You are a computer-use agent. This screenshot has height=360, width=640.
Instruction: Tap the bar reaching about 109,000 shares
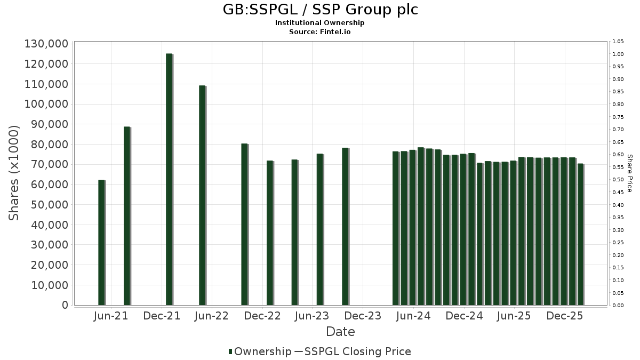point(202,195)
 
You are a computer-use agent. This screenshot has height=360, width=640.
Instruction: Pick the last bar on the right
point(580,235)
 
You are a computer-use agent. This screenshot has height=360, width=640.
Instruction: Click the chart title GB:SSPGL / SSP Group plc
point(320,10)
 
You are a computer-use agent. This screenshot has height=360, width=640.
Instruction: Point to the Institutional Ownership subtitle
point(320,23)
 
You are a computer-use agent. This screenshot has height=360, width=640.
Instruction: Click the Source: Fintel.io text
point(320,31)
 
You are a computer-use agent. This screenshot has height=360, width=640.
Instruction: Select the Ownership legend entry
point(259,351)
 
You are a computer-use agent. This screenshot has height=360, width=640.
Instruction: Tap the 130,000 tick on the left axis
point(46,44)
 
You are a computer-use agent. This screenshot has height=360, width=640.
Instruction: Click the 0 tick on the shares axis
point(65,305)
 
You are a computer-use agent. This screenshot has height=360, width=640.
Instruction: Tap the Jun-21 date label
point(110,316)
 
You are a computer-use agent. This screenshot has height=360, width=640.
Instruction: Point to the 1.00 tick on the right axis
point(618,54)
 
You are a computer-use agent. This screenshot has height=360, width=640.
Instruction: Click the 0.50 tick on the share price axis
point(618,180)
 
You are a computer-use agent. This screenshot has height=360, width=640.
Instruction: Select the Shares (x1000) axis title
point(14,173)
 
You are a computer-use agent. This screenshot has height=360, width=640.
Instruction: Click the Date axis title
point(340,332)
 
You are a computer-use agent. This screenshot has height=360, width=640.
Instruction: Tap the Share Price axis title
point(629,173)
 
